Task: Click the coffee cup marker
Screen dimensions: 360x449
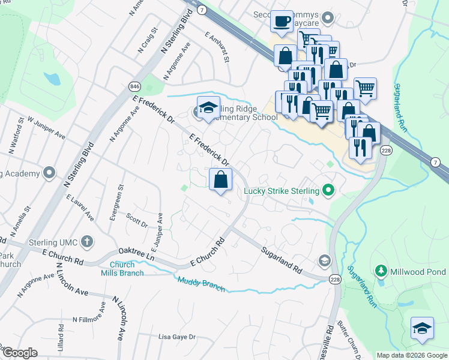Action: pos(281,22)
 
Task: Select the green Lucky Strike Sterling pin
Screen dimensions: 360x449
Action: pos(328,191)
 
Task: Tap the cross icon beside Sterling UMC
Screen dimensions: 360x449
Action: pos(87,242)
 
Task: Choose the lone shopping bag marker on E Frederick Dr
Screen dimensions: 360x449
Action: pos(221,179)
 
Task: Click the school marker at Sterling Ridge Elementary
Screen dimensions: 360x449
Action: pos(208,108)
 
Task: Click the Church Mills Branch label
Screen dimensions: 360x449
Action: pos(126,269)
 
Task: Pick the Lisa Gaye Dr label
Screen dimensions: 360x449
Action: pos(176,337)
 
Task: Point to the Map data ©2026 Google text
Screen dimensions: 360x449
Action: pos(411,355)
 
